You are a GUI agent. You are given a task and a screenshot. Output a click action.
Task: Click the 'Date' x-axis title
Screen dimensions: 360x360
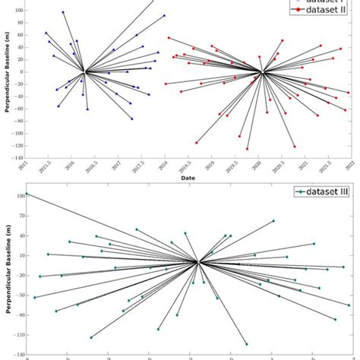(188, 178)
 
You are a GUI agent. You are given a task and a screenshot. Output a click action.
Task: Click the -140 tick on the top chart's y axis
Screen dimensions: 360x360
(16, 158)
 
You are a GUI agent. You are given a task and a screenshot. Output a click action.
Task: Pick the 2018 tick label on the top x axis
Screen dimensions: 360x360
(163, 165)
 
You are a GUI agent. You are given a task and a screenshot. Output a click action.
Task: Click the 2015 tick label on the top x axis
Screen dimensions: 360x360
(24, 165)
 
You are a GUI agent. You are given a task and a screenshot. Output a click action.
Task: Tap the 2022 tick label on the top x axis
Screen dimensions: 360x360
(349, 165)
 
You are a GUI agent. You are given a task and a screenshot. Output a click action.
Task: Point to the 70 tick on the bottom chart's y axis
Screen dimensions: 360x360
(19, 219)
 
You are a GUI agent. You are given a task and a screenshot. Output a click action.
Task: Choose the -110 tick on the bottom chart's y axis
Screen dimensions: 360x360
(17, 334)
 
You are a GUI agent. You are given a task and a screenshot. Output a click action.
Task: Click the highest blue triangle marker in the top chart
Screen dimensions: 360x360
(63, 12)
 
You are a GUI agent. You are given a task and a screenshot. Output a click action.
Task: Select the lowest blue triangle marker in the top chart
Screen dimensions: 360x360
(132, 118)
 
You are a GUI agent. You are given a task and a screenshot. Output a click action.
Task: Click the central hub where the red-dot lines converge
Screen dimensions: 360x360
(262, 73)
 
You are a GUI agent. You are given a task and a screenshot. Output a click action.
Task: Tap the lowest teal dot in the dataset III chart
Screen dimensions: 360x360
(246, 344)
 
